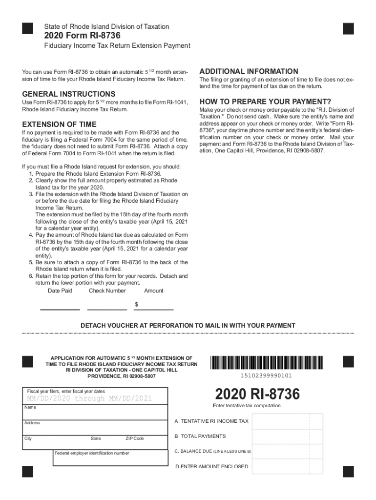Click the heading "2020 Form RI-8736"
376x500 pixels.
tap(82, 36)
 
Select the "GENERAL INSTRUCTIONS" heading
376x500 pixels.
tap(68, 94)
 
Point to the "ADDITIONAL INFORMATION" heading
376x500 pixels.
tap(249, 71)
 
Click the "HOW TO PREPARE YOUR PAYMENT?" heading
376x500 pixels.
tap(265, 102)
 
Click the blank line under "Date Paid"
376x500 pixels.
tap(60, 309)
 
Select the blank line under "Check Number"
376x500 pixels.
tap(107, 309)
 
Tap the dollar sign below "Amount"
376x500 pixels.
tap(136, 304)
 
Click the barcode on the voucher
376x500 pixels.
tap(266, 363)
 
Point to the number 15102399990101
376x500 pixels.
tap(266, 375)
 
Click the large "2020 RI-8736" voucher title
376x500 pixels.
tap(257, 394)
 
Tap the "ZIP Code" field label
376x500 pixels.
tap(134, 438)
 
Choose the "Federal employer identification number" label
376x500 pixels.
tap(92, 453)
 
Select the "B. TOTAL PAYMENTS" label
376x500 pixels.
tap(200, 436)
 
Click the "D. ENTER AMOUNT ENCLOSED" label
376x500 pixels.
tap(211, 466)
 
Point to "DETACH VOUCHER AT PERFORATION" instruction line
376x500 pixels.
tap(188, 325)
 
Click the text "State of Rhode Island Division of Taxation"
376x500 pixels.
tap(106, 26)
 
